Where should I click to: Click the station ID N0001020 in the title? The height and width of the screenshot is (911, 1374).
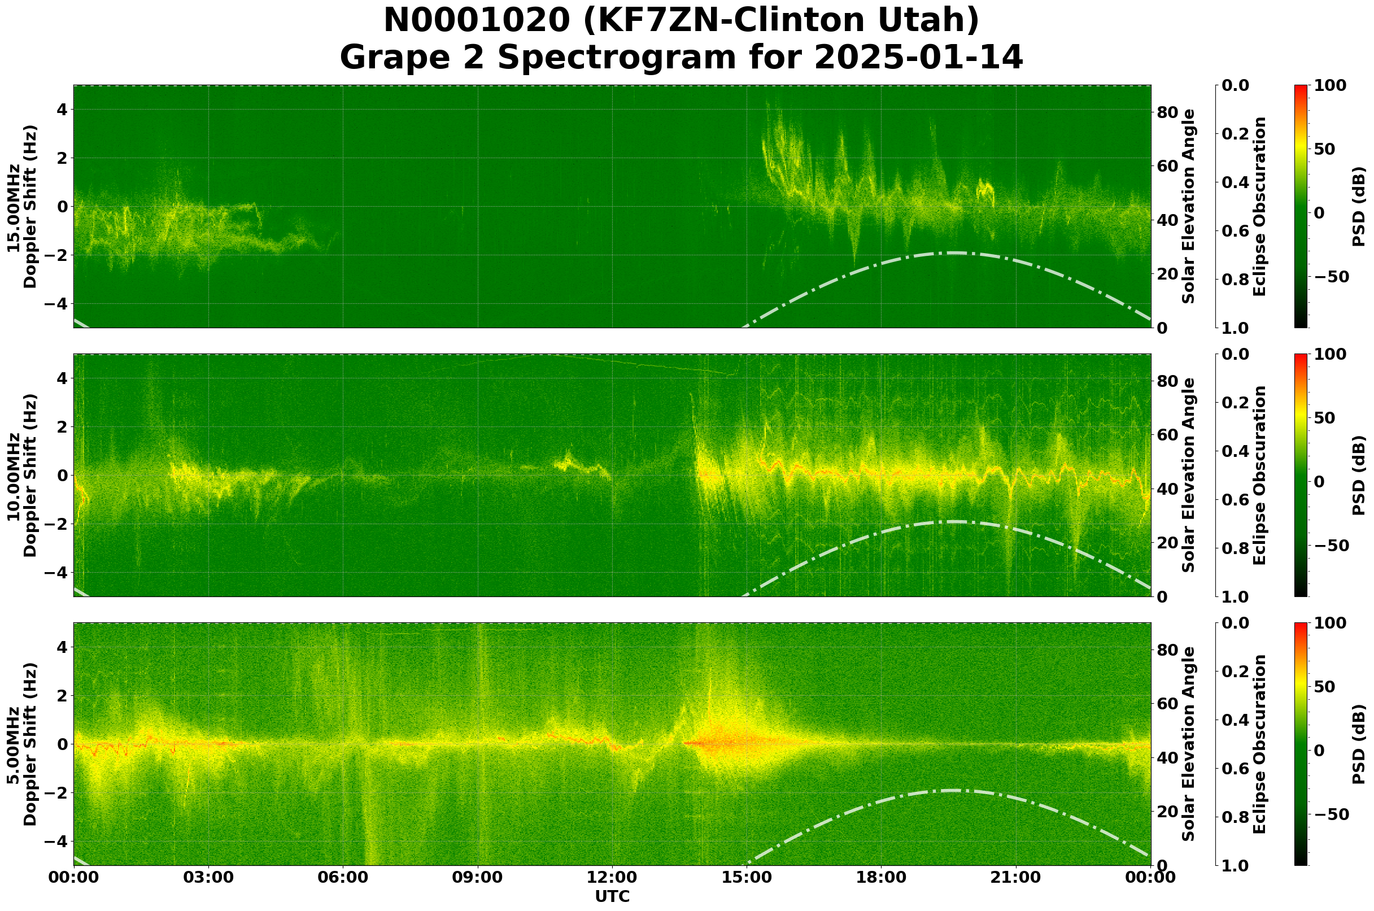click(478, 21)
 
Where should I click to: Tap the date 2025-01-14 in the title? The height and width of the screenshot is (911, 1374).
click(918, 58)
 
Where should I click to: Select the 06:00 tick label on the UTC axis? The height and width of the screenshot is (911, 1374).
click(343, 877)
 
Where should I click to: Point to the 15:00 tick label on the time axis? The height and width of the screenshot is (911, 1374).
click(747, 877)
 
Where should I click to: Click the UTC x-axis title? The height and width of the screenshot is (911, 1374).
click(612, 896)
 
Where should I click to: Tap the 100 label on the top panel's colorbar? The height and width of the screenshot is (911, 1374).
click(1330, 86)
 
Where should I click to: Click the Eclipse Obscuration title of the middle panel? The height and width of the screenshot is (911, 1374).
click(1259, 475)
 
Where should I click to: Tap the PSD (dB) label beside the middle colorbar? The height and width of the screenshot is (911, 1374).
click(1358, 475)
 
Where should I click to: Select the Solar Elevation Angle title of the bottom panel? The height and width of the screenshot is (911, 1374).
click(1189, 744)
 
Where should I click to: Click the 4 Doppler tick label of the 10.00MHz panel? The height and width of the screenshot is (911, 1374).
click(61, 378)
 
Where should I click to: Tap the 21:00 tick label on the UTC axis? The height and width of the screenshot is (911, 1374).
click(1015, 877)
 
